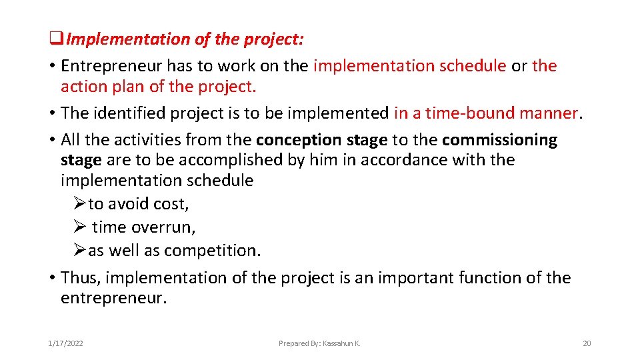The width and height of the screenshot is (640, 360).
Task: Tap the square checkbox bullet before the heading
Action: (55, 40)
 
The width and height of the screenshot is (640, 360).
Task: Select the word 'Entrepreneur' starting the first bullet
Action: (111, 66)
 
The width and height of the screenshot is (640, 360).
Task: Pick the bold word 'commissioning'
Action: (499, 140)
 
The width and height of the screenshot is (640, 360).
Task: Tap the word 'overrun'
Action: (163, 227)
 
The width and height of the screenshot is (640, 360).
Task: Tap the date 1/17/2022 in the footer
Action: (65, 343)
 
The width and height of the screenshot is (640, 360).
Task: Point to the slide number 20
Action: (587, 343)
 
